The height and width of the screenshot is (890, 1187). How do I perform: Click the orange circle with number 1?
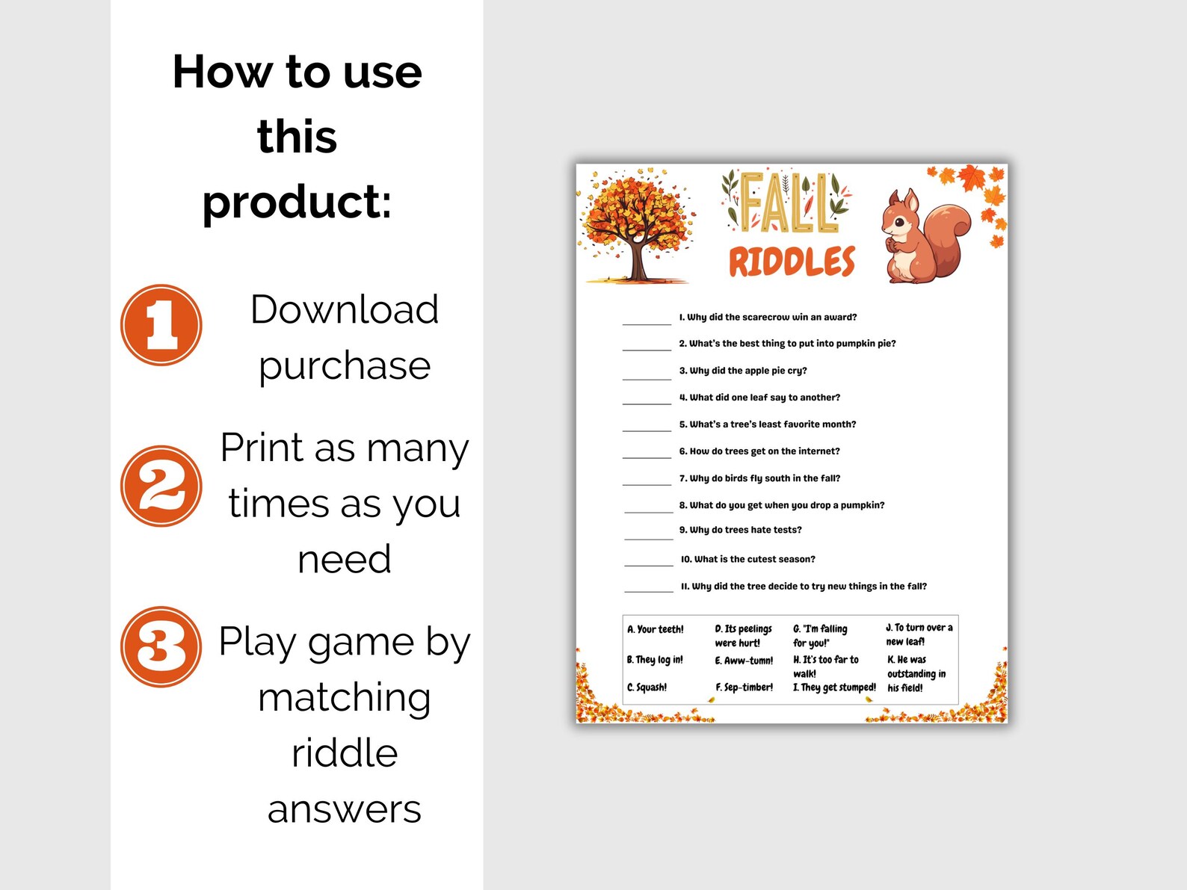pyautogui.click(x=161, y=325)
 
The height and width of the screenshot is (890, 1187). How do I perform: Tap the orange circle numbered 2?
pyautogui.click(x=161, y=486)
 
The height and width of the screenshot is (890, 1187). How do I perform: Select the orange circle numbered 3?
pyautogui.click(x=161, y=646)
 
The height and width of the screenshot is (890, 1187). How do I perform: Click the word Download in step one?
pyautogui.click(x=344, y=309)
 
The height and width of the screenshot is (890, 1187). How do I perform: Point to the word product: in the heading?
pyautogui.click(x=297, y=202)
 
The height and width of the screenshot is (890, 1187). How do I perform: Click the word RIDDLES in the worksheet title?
pyautogui.click(x=792, y=262)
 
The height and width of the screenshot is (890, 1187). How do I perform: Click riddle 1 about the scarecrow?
pyautogui.click(x=768, y=317)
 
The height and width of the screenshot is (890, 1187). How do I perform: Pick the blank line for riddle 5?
pyautogui.click(x=647, y=430)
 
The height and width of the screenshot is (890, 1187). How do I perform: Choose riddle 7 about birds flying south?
pyautogui.click(x=759, y=478)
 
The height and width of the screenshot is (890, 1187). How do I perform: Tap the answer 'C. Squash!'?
pyautogui.click(x=647, y=687)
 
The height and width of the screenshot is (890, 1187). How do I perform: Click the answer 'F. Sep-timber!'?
pyautogui.click(x=744, y=687)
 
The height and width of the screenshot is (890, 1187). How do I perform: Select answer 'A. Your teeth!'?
pyautogui.click(x=656, y=629)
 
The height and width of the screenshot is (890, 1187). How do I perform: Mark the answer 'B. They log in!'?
pyautogui.click(x=655, y=660)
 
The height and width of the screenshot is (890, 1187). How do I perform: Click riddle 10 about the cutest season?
pyautogui.click(x=747, y=559)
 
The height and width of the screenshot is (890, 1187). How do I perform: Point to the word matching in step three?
pyautogui.click(x=344, y=697)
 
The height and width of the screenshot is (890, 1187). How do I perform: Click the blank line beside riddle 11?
pyautogui.click(x=649, y=590)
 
